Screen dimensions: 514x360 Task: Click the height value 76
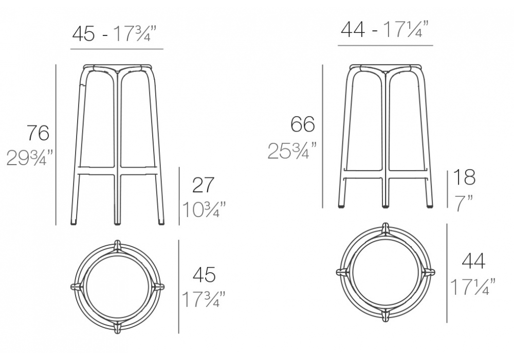click(x=39, y=133)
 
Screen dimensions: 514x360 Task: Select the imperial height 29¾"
click(x=30, y=157)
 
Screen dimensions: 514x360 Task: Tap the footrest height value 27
click(x=204, y=185)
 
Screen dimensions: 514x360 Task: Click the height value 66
click(x=303, y=124)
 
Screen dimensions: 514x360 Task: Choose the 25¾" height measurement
click(x=292, y=151)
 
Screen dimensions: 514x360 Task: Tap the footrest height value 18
click(x=464, y=177)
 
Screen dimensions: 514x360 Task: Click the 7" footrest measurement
click(x=464, y=204)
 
